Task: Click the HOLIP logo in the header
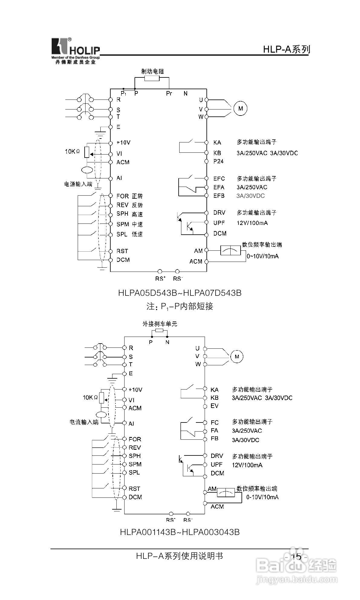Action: (x=75, y=51)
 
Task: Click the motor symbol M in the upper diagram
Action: (x=241, y=108)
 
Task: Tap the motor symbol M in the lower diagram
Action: (x=237, y=357)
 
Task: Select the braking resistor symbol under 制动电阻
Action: (x=152, y=79)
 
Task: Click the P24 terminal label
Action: (x=218, y=161)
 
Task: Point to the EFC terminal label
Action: (x=219, y=178)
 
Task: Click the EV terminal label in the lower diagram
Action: (x=214, y=406)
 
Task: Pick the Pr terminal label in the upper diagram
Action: (x=169, y=93)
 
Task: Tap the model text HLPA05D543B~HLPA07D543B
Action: (x=180, y=293)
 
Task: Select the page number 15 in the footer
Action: (x=296, y=557)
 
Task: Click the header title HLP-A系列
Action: (x=286, y=49)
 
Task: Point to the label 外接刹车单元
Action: (x=160, y=324)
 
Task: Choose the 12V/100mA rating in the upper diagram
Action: (x=252, y=223)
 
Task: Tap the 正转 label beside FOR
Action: (x=137, y=196)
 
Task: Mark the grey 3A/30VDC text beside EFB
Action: (x=250, y=196)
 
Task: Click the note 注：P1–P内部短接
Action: (x=180, y=306)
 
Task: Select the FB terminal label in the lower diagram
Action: (x=214, y=439)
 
